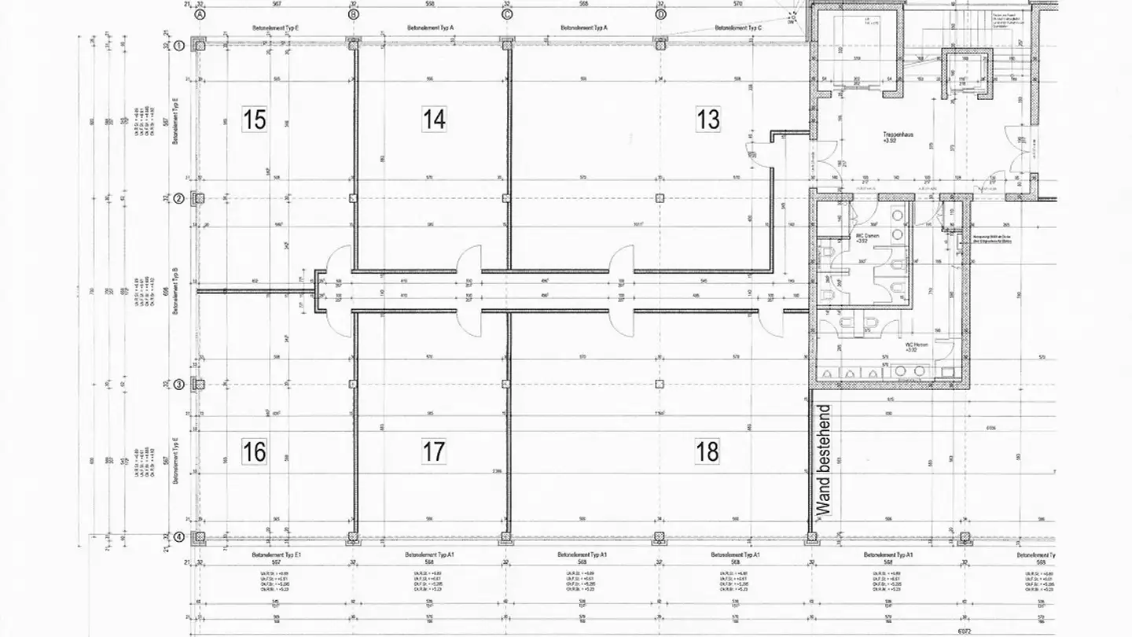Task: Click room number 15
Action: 254,120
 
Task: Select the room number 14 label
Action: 434,120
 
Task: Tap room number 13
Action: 707,120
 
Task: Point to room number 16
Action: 254,452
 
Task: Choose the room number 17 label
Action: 434,452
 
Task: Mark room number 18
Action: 707,452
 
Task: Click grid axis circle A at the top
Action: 200,14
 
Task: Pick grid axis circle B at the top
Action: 353,14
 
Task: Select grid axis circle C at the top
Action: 506,14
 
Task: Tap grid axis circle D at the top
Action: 660,14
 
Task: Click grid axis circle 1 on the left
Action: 179,46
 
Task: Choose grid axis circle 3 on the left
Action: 179,385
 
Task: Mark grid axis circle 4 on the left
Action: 179,538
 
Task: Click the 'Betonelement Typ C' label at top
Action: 737,28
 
